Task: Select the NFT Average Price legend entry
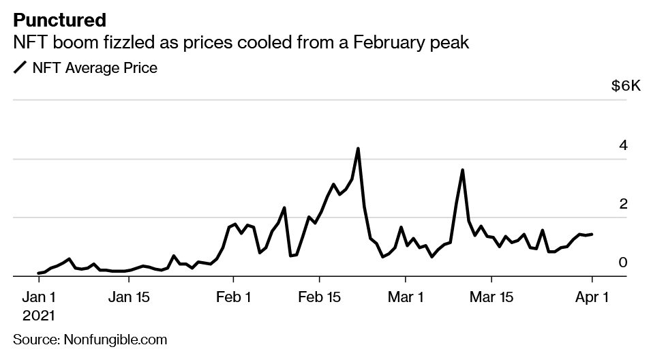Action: pyautogui.click(x=95, y=68)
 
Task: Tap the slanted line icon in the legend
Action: pyautogui.click(x=20, y=68)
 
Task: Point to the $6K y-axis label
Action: pyautogui.click(x=625, y=87)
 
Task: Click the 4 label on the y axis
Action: pyautogui.click(x=622, y=145)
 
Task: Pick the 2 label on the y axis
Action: pyautogui.click(x=622, y=204)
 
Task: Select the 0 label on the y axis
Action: pyautogui.click(x=622, y=262)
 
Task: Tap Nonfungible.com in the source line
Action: pyautogui.click(x=115, y=340)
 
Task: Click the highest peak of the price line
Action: pyautogui.click(x=358, y=149)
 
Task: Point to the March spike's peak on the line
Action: pyautogui.click(x=462, y=170)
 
